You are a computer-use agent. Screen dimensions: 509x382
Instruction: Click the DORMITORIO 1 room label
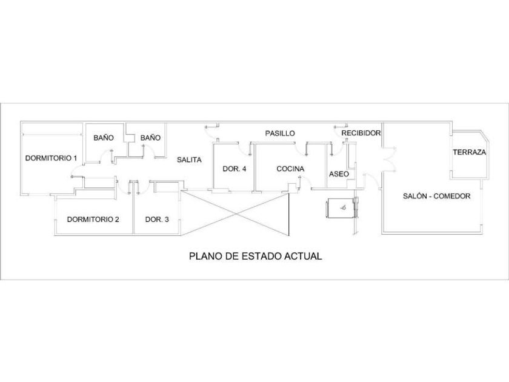[x=51, y=158]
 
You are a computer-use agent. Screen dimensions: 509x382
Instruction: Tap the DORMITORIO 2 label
[x=93, y=219]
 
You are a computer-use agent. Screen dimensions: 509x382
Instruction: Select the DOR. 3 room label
[x=157, y=219]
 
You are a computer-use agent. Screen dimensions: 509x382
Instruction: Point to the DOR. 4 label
[x=235, y=169]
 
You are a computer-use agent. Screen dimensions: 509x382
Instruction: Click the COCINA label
[x=290, y=169]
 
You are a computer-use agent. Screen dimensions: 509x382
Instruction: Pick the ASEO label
[x=339, y=174]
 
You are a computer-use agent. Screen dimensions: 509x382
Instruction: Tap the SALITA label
[x=189, y=159]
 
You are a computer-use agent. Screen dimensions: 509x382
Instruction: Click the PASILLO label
[x=280, y=133]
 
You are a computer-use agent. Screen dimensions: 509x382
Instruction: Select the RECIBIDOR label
[x=361, y=133]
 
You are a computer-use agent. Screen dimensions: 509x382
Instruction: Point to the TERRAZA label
[x=470, y=152]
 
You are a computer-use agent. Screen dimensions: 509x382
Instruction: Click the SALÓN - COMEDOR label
[x=437, y=196]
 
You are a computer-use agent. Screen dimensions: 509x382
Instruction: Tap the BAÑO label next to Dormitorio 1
[x=104, y=138]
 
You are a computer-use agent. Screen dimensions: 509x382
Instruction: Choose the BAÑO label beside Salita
[x=150, y=138]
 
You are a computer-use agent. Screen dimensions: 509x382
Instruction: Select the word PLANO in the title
[x=205, y=256]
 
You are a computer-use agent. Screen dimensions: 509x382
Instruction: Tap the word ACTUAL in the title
[x=303, y=256]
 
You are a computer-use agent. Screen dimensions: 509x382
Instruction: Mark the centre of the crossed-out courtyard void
[x=235, y=213]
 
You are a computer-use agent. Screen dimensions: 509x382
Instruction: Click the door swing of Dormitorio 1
[x=76, y=170]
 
